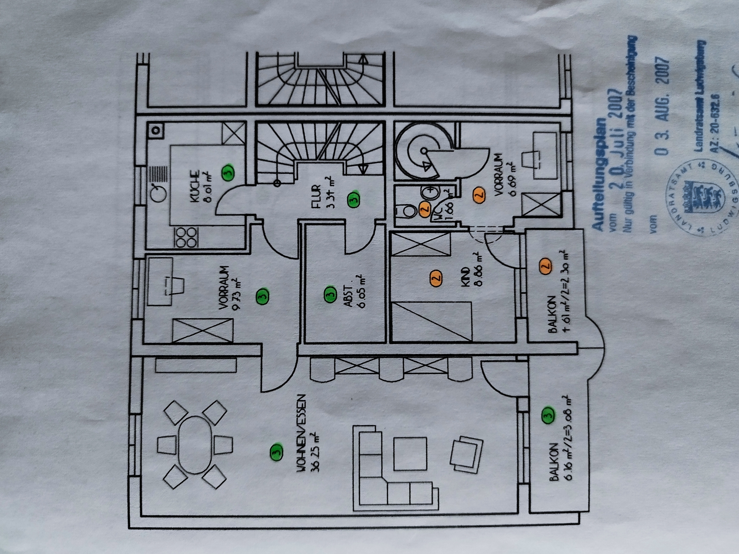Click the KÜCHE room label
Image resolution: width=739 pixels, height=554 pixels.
pyautogui.click(x=195, y=187)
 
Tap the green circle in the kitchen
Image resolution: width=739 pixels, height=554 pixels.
pyautogui.click(x=228, y=172)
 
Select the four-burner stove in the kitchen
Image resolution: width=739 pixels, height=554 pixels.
pyautogui.click(x=187, y=237)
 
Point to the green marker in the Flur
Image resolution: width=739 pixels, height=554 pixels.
pyautogui.click(x=353, y=199)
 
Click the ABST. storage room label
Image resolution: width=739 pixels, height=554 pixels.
pyautogui.click(x=348, y=297)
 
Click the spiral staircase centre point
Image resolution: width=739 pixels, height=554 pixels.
pyautogui.click(x=424, y=151)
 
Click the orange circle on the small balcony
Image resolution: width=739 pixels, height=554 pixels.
pyautogui.click(x=545, y=266)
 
